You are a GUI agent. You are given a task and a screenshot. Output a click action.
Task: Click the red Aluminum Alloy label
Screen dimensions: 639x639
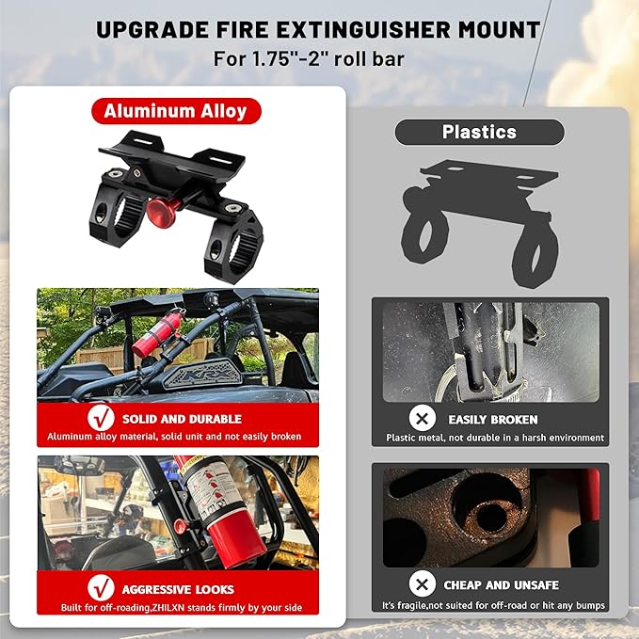click(175, 111)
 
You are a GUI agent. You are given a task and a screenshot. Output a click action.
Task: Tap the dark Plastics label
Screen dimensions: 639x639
click(479, 133)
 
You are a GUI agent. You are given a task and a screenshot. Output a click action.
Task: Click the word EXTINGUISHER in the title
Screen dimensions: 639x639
click(357, 30)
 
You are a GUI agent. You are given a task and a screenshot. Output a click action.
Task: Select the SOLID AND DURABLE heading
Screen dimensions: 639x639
click(182, 419)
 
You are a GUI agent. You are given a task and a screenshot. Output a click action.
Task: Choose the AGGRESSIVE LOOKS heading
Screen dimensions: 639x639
click(179, 589)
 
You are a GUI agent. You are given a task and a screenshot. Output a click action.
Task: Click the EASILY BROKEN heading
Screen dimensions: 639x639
click(493, 419)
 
